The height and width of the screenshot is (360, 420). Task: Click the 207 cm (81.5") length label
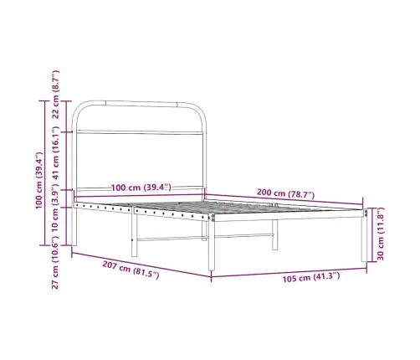pos(131,270)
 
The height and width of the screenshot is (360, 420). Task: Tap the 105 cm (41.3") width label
pos(311,277)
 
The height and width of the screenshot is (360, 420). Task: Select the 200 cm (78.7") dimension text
pos(285,193)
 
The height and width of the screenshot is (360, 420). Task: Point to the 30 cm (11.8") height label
pos(381,234)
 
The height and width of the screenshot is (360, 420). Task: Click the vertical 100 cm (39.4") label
pos(39,181)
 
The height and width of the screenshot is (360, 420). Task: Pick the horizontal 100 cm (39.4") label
pos(141,188)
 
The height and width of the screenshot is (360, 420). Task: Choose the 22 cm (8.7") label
pos(56,95)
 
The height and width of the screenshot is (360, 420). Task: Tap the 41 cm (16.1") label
pos(56,153)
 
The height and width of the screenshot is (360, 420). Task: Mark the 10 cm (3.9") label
pos(56,210)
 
